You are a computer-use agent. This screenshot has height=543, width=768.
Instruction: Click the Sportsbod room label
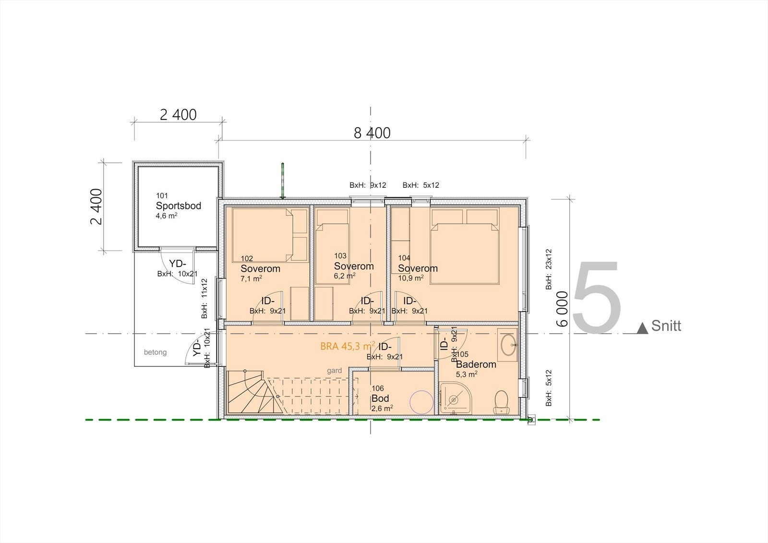coord(178,206)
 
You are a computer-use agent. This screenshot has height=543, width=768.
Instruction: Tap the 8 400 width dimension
coord(372,133)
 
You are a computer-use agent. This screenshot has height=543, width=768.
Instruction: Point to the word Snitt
coord(666,326)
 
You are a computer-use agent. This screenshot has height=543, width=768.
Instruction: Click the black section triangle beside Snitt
coord(642,328)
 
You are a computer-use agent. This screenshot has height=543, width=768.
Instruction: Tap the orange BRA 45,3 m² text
coord(348,346)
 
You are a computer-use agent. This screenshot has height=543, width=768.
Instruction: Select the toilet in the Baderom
coord(502,401)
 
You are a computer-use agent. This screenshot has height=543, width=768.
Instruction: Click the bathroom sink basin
coord(507,344)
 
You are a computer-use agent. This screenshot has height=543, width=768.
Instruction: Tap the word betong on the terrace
coord(155,352)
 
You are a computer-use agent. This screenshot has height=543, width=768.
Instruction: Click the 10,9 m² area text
coord(410,278)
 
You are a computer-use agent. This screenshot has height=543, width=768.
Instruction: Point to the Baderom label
coord(476,364)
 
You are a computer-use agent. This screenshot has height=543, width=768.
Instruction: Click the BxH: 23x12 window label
coord(549,269)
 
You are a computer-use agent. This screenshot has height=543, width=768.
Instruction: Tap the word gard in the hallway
coord(334,371)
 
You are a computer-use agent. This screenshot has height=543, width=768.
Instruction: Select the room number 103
coord(340,256)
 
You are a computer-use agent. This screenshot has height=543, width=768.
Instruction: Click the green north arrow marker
coord(283,181)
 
